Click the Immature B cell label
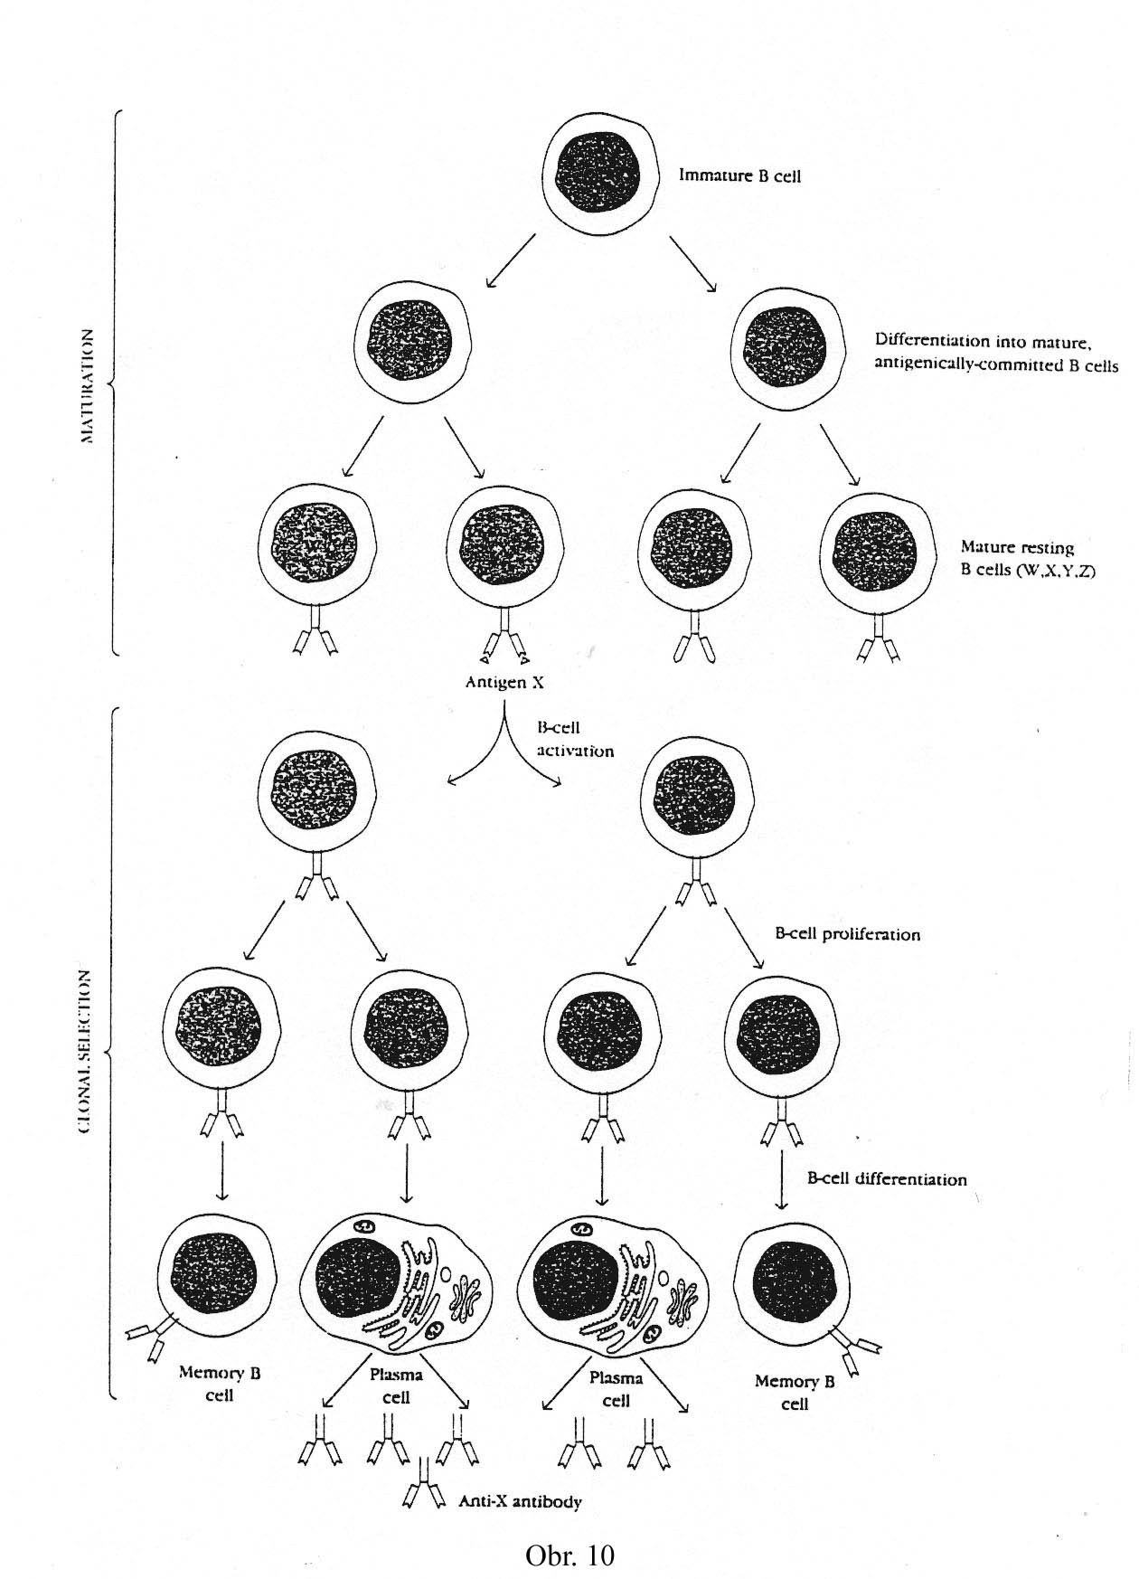(x=739, y=175)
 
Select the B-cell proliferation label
(x=847, y=934)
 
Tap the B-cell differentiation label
(x=886, y=1179)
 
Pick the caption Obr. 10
(x=569, y=1555)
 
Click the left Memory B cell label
(x=220, y=1383)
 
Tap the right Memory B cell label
(x=795, y=1393)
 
